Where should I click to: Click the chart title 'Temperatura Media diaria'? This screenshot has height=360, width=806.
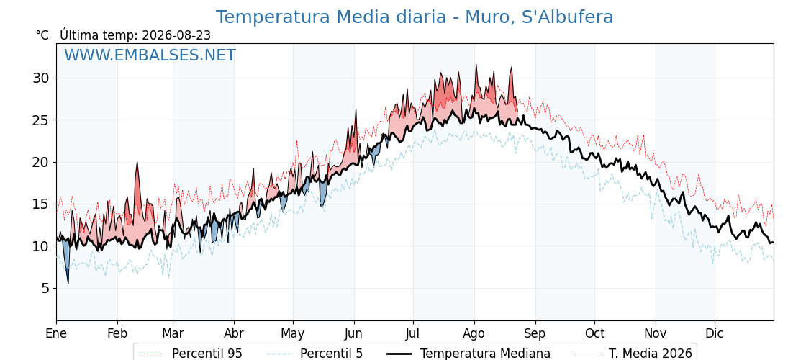(x=330, y=17)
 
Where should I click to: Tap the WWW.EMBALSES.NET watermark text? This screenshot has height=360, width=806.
(x=150, y=55)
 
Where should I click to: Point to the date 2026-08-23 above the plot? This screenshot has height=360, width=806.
(x=176, y=35)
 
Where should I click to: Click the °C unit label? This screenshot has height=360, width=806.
(x=42, y=35)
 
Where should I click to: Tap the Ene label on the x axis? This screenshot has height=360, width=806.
(x=56, y=333)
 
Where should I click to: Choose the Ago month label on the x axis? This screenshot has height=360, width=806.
(x=474, y=333)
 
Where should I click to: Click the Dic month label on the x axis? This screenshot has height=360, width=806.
(x=715, y=333)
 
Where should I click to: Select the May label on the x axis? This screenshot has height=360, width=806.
(x=293, y=333)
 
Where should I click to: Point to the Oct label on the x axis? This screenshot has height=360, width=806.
(x=594, y=333)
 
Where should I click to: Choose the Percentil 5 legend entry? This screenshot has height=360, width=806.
(x=315, y=354)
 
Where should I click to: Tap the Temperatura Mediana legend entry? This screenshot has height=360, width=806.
(x=468, y=354)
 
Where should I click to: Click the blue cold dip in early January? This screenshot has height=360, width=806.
(x=65, y=260)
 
